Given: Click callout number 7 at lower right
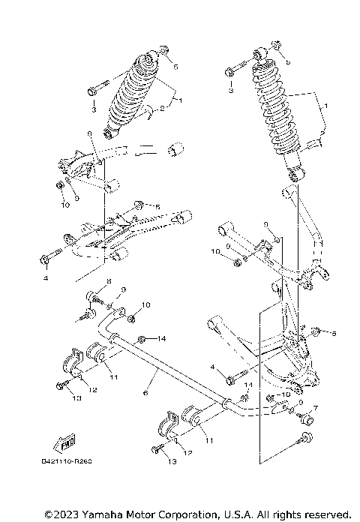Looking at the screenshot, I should click(x=316, y=409).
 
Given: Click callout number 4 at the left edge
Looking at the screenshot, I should click(x=45, y=278).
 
